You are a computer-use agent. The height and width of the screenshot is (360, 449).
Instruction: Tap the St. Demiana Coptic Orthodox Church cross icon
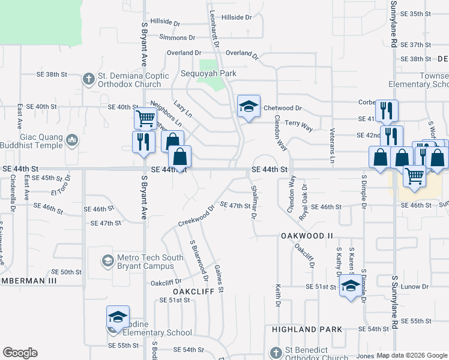coord(88,79)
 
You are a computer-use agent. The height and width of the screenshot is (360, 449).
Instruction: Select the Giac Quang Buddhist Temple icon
coord(73,140)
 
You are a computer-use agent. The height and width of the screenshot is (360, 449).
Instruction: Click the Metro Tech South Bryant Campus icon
coord(107,261)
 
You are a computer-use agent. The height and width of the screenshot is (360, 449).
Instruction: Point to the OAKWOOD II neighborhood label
coord(307,236)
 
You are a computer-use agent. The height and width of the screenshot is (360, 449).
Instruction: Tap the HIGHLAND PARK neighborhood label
coord(307,329)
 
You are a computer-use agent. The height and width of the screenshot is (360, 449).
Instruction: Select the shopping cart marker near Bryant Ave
coord(145,118)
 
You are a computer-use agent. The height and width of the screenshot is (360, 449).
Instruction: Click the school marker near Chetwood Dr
coord(249,106)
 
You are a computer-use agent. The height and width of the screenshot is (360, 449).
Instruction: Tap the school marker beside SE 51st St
coord(350,286)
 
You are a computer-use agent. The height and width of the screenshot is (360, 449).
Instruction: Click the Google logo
coord(20,353)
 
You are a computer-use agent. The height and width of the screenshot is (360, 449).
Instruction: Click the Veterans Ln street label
coord(331,146)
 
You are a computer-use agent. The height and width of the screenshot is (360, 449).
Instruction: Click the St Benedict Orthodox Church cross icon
coord(275,352)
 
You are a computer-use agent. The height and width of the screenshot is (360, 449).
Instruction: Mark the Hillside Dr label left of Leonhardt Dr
coord(165,22)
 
